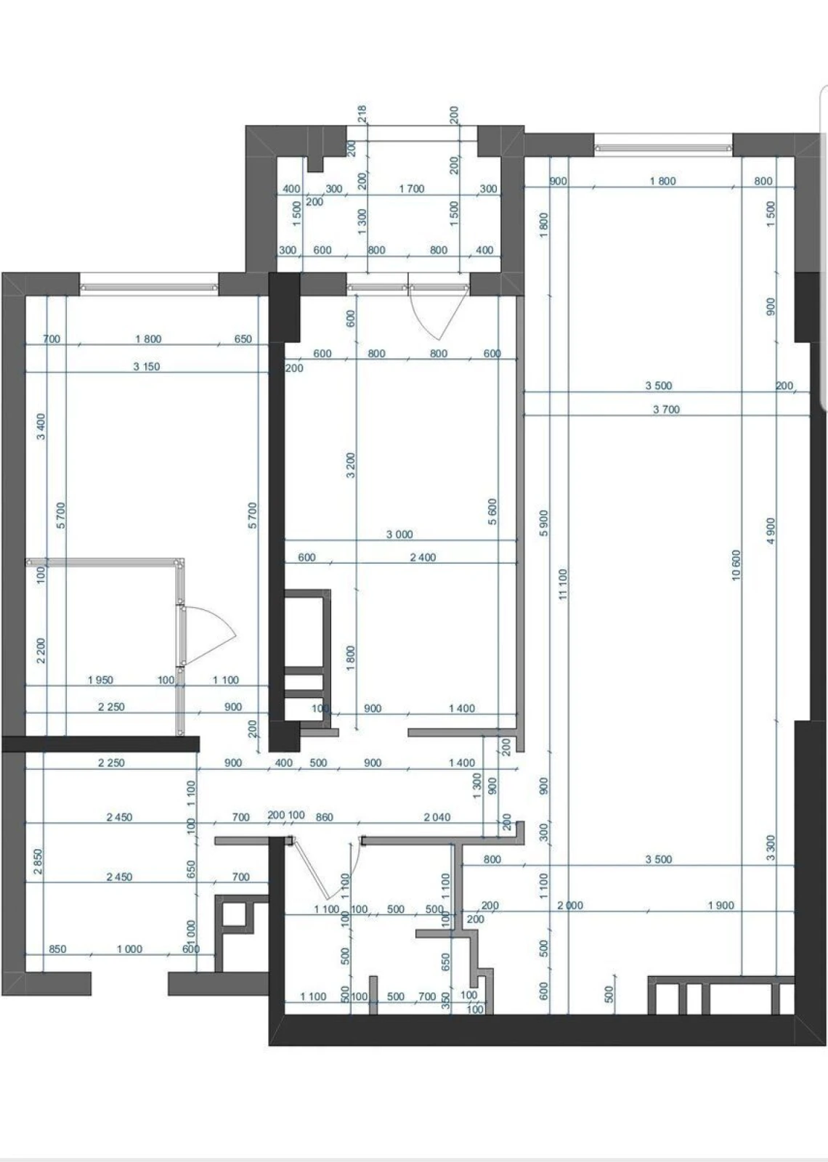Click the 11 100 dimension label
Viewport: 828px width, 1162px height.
(564, 584)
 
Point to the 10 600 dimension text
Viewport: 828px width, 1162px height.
(736, 565)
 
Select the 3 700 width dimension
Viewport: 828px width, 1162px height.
(666, 410)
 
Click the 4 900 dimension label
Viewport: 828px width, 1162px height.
(771, 532)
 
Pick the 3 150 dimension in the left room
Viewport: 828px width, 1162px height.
(146, 367)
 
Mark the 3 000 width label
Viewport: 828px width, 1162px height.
(399, 535)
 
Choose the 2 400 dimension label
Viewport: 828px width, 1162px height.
(423, 558)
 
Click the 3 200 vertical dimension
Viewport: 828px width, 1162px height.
(351, 466)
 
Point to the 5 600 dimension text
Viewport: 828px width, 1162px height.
(492, 512)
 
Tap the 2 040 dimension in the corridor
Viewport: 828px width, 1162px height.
(437, 817)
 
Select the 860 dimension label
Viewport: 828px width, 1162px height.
(324, 817)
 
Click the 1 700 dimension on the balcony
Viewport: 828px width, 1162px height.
(411, 189)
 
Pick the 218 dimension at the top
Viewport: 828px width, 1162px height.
(362, 113)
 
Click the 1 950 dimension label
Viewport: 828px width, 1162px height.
(100, 680)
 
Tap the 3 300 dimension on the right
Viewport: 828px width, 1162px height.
(771, 848)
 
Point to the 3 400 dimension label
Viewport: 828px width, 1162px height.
(41, 426)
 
